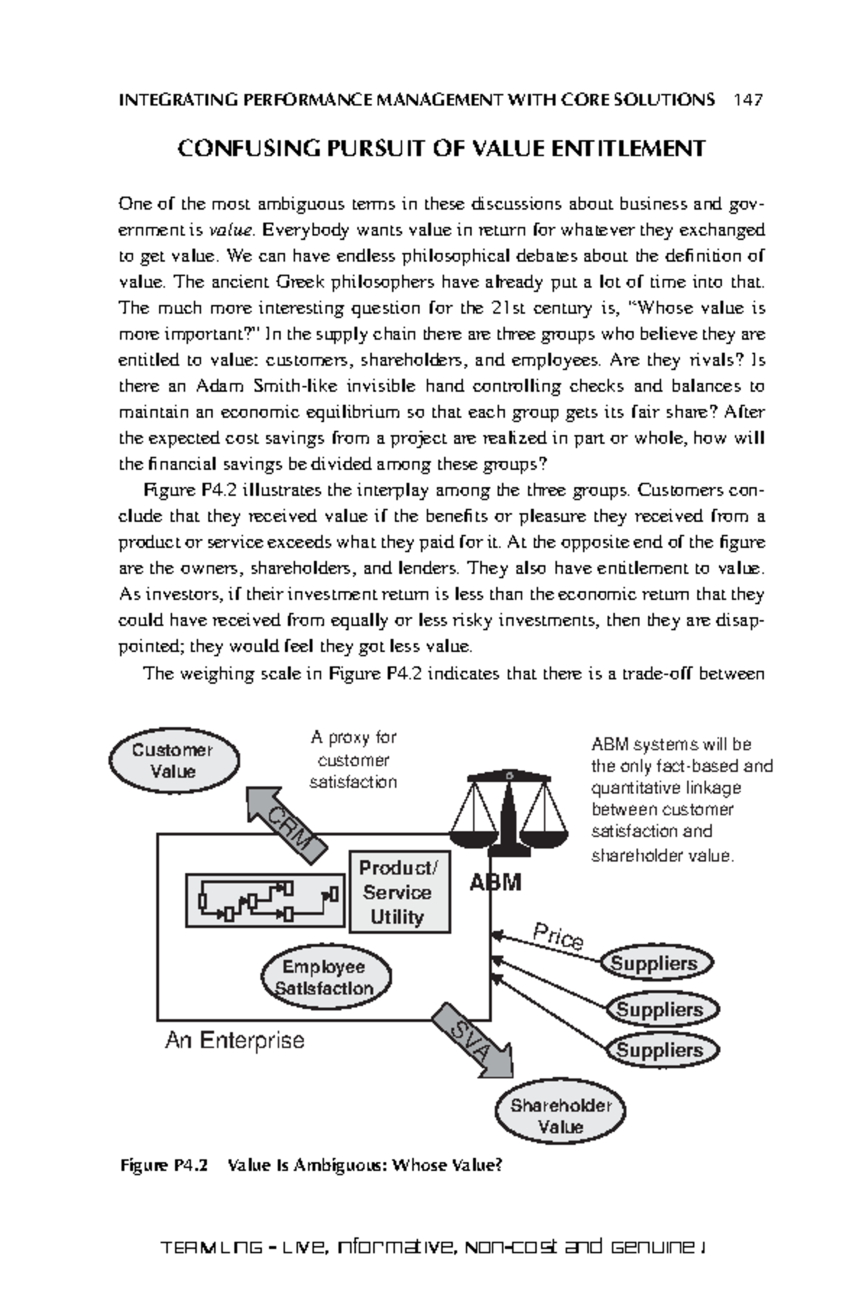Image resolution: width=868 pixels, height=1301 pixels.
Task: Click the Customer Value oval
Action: point(174,760)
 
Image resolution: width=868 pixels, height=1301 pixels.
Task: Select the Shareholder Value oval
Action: point(561,1116)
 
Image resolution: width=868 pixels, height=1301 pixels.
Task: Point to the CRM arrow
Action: point(287,822)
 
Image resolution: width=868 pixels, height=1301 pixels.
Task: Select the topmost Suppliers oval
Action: point(655,963)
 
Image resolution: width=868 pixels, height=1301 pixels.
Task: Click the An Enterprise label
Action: point(234,1041)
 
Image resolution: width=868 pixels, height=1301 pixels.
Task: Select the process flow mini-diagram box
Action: point(265,899)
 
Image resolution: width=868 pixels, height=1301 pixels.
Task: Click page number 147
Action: point(747,100)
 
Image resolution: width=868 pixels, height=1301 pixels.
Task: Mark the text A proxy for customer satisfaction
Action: point(353,760)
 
